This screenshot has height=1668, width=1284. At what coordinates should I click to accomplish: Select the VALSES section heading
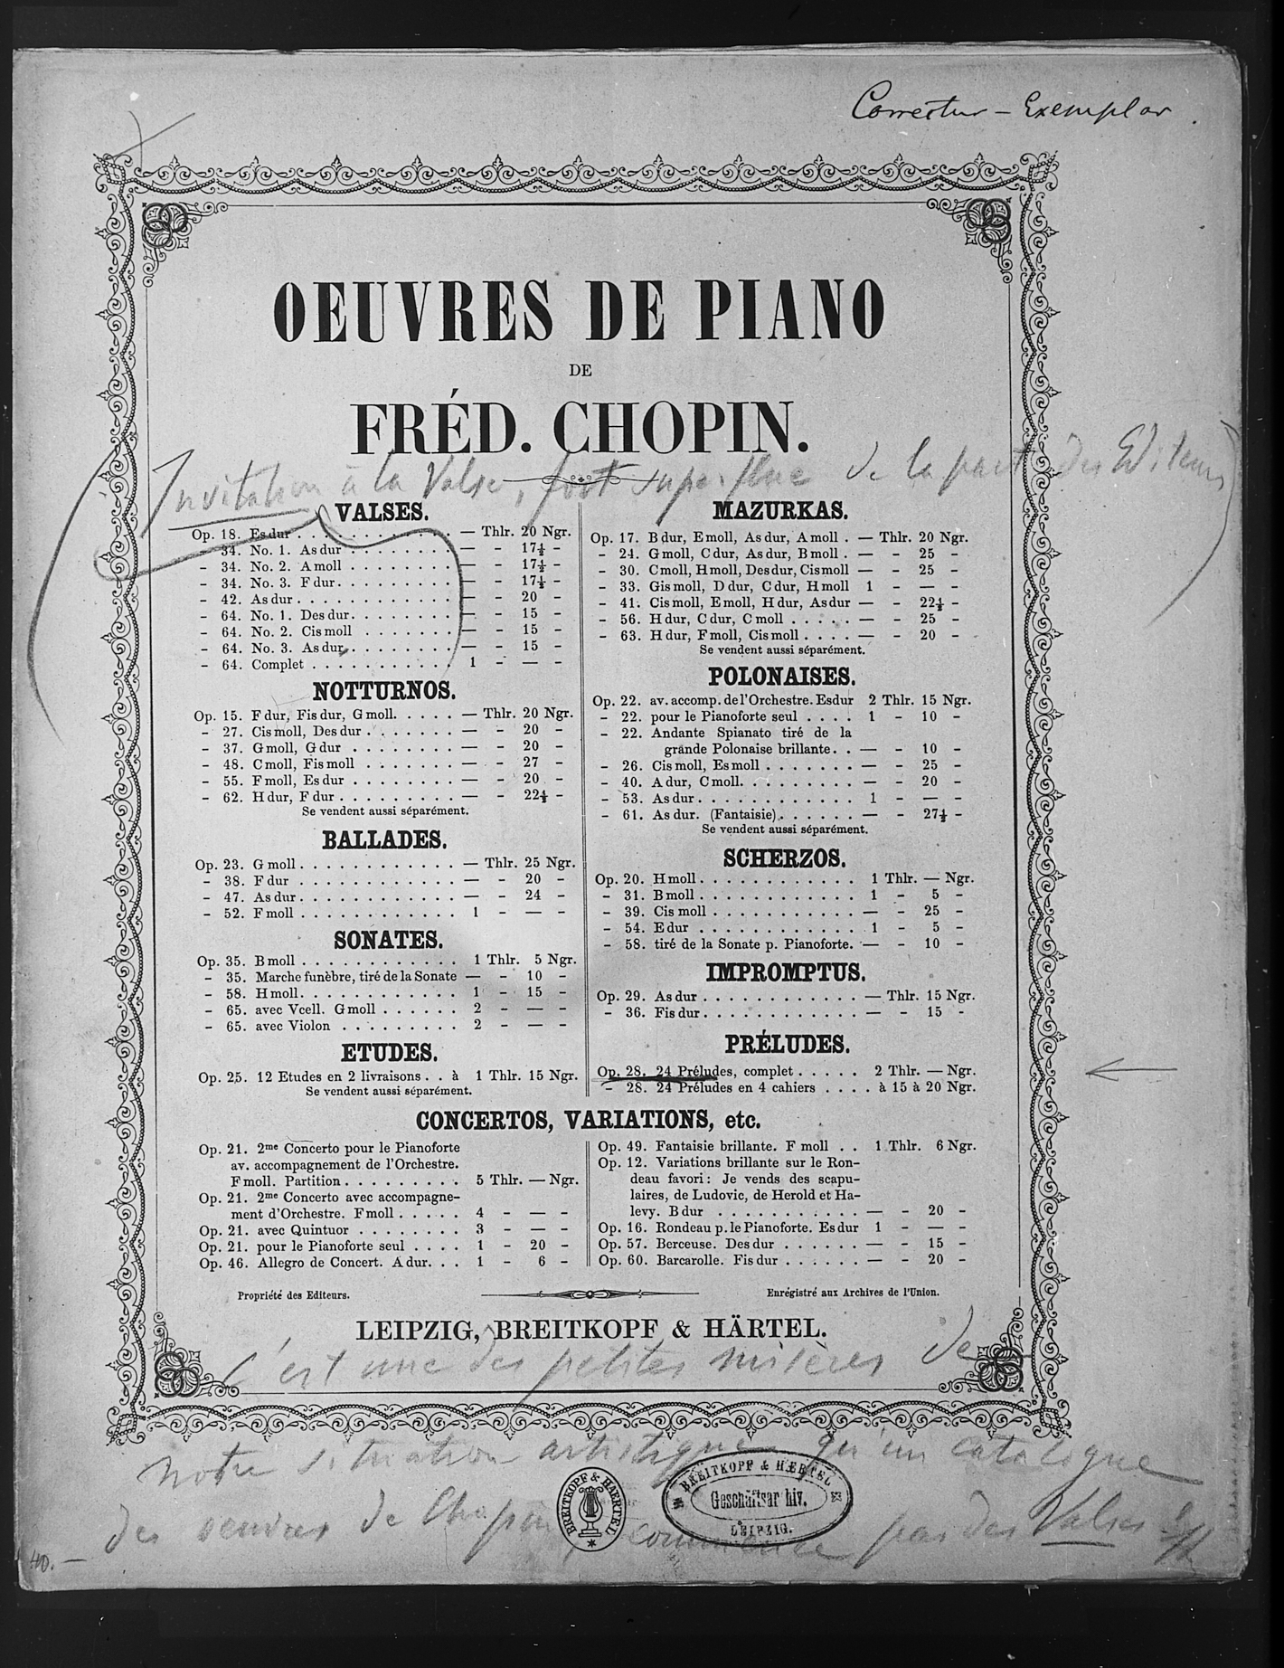tap(380, 513)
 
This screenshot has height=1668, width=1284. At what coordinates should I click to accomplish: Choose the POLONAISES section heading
tap(779, 677)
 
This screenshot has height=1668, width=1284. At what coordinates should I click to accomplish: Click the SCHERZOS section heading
tap(784, 857)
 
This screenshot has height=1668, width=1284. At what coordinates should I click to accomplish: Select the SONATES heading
tap(388, 940)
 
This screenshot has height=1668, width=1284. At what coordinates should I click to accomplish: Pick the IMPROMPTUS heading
tap(786, 972)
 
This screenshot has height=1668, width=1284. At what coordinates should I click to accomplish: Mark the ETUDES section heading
tap(389, 1053)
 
